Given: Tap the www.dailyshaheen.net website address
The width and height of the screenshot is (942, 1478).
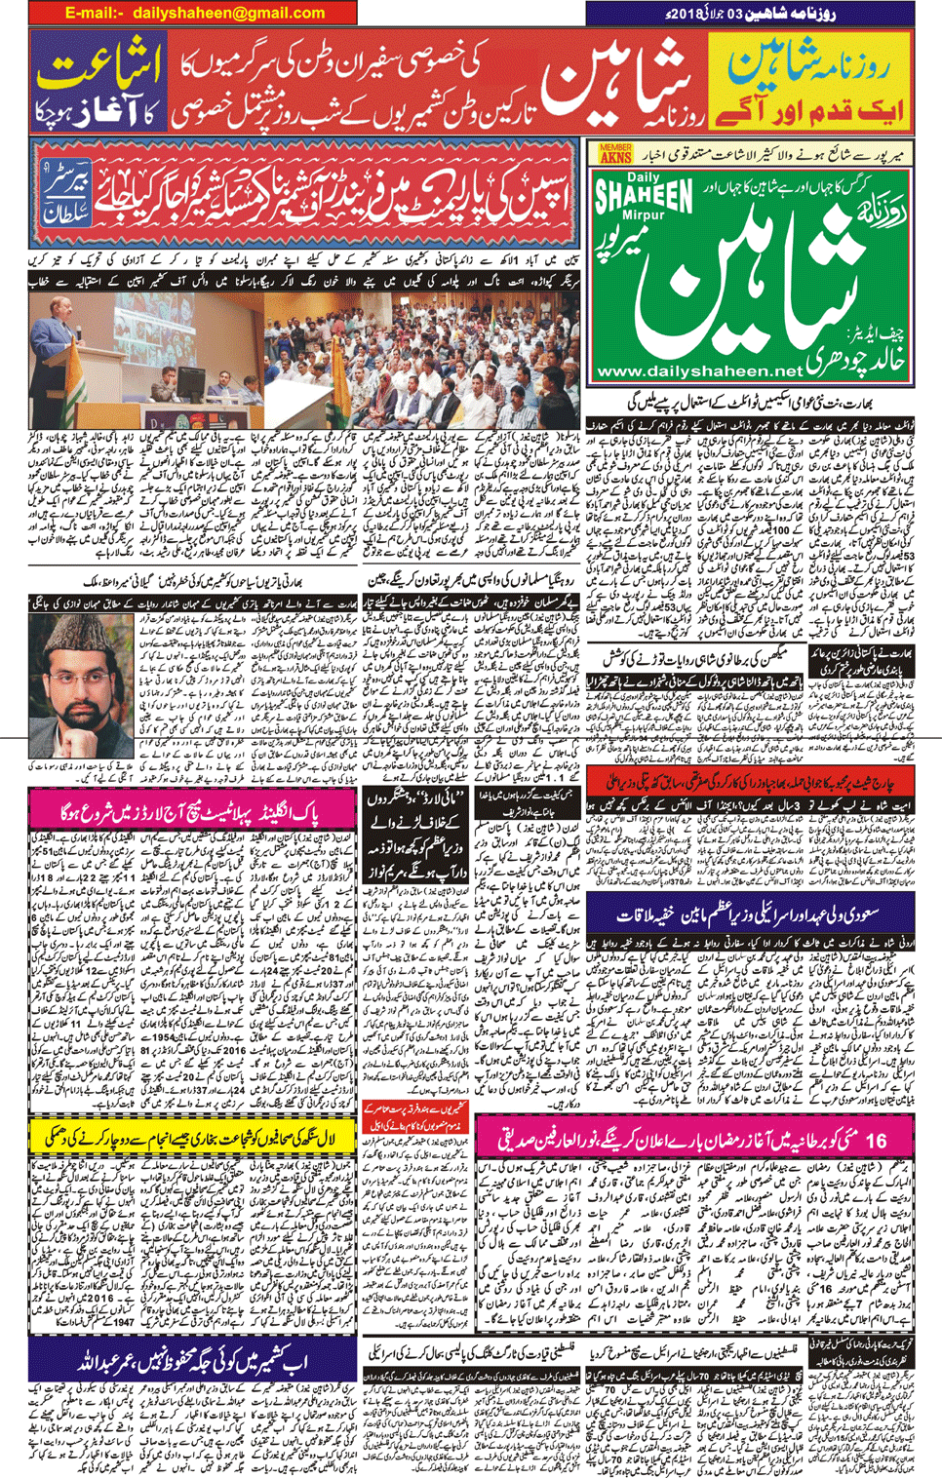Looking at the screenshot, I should coord(699,371).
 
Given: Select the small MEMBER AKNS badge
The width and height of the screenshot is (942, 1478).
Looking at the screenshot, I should coord(615,153).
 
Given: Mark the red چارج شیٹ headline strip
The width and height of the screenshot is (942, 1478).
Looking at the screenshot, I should coord(751,781).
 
